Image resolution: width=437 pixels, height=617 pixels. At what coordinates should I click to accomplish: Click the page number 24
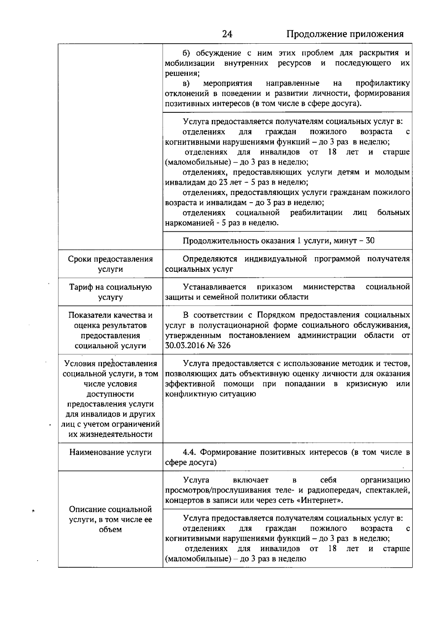pos(227,34)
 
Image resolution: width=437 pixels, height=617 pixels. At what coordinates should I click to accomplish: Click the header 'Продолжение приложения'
pos(345,34)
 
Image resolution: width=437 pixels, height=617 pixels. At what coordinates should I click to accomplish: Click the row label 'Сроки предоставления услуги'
pos(110,264)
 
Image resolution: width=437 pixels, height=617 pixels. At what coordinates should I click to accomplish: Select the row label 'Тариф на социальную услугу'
pos(110,292)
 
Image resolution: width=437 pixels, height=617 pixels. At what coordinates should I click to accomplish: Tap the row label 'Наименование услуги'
pos(110,452)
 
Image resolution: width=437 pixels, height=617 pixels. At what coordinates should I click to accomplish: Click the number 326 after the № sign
pos(224,346)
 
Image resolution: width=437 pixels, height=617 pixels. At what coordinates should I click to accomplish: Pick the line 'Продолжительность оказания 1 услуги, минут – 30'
pos(278,241)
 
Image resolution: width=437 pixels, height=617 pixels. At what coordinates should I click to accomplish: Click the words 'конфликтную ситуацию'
pos(210,394)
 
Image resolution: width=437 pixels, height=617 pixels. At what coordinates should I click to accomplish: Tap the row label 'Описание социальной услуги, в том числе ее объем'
pos(110,520)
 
